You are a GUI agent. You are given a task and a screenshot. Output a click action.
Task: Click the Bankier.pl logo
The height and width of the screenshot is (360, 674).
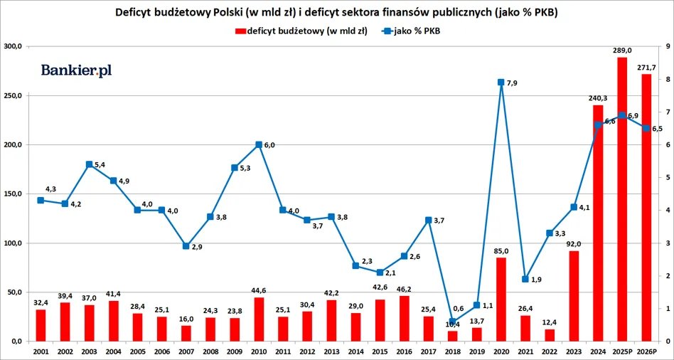pos(76,70)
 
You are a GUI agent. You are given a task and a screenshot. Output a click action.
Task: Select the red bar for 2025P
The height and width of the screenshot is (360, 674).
pos(621,199)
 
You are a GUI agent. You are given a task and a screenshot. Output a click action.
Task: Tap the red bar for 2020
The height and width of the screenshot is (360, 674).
pos(501,300)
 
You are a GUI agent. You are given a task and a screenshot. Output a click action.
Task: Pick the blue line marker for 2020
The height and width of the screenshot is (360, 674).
pos(501,83)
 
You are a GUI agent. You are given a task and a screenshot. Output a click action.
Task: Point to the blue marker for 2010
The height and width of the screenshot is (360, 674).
pos(259,144)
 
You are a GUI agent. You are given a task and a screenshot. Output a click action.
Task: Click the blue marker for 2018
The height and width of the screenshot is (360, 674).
pos(452,322)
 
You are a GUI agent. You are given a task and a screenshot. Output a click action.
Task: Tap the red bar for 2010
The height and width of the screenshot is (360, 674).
pos(259,319)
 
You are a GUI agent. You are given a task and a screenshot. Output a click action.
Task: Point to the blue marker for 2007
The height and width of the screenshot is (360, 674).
pos(186,246)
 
